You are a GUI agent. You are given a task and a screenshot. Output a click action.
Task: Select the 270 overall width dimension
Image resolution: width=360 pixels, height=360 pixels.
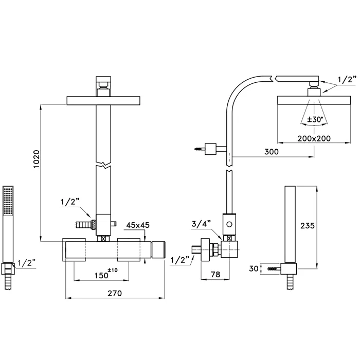point(114,293)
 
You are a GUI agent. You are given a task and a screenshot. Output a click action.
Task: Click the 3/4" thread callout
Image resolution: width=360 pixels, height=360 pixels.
point(201,223)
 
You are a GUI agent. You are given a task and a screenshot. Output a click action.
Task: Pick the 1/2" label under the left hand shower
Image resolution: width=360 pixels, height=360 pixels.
point(26,263)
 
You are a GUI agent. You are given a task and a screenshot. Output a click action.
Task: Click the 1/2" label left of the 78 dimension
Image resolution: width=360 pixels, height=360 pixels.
point(179,260)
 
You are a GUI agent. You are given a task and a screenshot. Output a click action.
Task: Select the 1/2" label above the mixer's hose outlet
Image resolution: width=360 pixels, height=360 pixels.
point(70,203)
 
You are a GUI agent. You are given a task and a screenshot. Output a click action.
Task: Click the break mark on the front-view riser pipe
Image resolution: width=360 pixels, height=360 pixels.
point(105,167)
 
